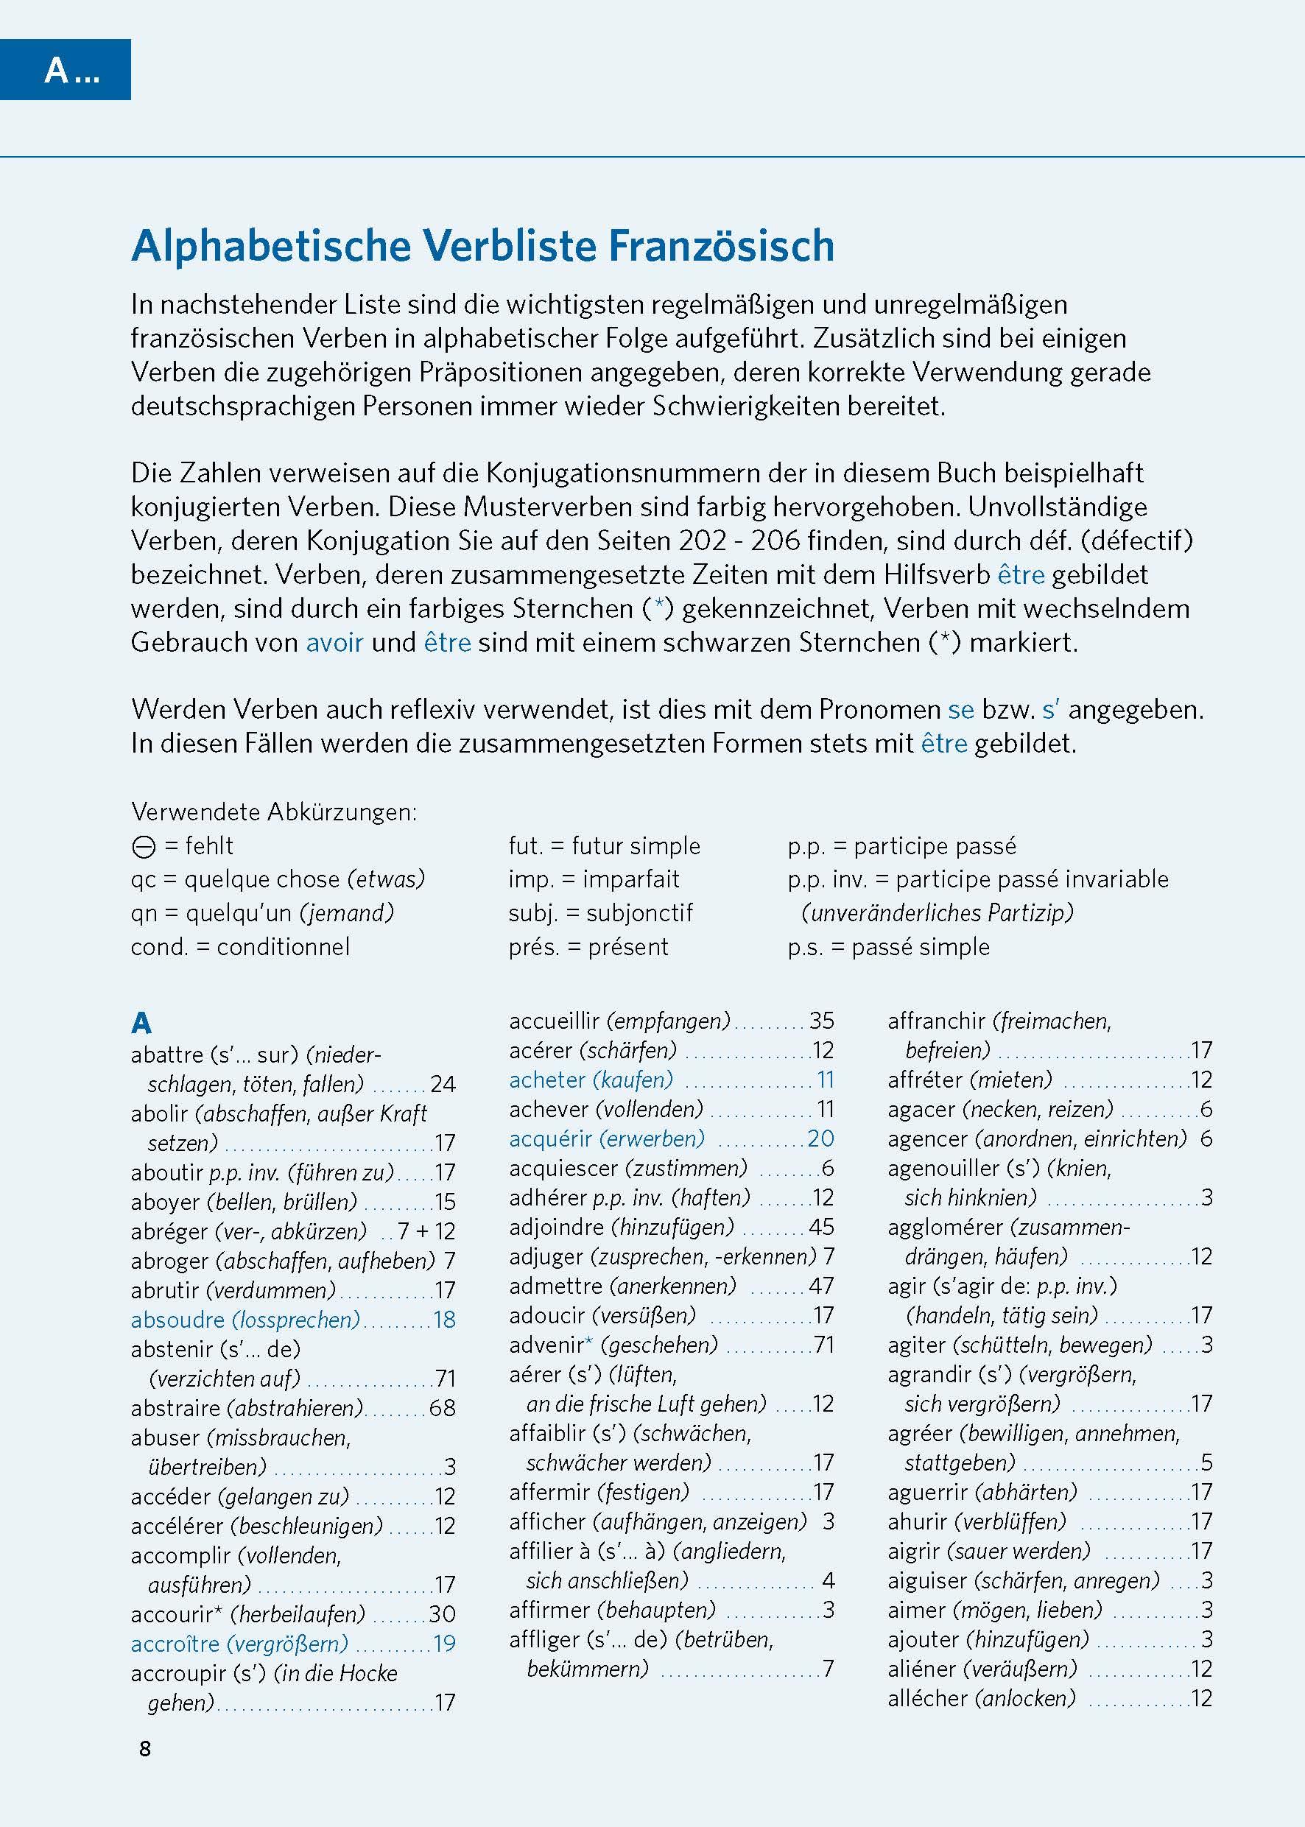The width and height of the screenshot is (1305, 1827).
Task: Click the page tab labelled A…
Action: point(71,71)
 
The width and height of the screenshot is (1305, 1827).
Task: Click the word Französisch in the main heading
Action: point(721,246)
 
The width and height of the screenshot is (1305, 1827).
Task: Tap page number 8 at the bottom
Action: point(144,1749)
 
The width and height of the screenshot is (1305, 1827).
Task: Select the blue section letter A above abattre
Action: point(141,1023)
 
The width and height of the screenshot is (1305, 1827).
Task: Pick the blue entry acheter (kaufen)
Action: point(591,1080)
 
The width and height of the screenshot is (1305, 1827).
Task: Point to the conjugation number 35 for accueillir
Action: point(821,1021)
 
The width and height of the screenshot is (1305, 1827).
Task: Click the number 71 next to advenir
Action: point(823,1345)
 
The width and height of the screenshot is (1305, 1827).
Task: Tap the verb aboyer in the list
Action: point(165,1202)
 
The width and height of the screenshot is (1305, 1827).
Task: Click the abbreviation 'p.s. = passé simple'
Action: point(888,947)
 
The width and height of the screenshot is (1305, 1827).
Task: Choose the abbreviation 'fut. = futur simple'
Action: point(603,846)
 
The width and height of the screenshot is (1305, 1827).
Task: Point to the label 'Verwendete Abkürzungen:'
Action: point(274,812)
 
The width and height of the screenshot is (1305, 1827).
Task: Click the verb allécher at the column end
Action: point(927,1698)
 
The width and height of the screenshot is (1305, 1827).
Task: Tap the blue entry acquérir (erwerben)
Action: point(607,1138)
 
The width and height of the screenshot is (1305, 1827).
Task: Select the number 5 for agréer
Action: point(1206,1463)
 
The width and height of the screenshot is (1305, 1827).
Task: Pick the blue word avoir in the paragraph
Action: point(334,643)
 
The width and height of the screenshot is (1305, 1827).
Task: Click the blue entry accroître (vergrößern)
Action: point(239,1644)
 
